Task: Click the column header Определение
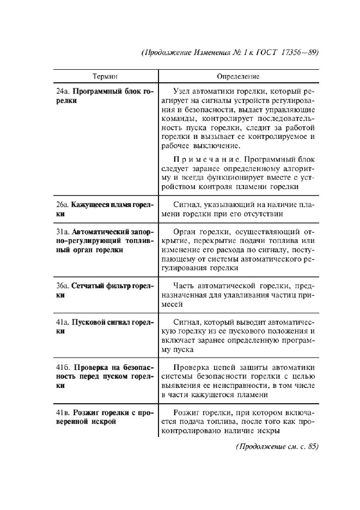(239, 77)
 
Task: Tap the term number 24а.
(63, 91)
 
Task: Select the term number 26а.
(63, 204)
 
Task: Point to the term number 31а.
(63, 230)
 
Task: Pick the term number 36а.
(63, 285)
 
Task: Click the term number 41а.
(63, 321)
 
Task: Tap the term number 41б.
(64, 366)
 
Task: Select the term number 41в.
(63, 412)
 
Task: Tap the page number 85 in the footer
(311, 446)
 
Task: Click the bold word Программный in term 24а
(95, 91)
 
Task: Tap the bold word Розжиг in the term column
(87, 412)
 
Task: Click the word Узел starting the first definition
(181, 91)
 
